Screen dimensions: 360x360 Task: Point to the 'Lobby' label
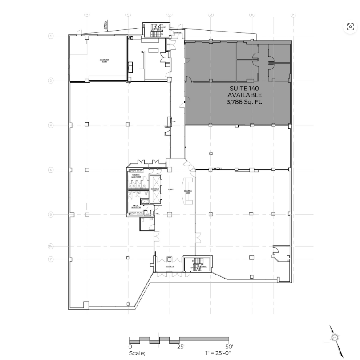[170, 189]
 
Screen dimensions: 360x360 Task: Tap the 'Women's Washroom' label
[136, 177]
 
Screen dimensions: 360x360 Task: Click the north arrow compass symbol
[335, 338]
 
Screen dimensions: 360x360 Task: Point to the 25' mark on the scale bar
[181, 347]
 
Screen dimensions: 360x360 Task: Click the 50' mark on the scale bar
[229, 347]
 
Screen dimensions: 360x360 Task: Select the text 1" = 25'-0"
[218, 353]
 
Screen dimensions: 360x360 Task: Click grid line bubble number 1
[51, 36]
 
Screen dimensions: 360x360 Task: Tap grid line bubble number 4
[51, 125]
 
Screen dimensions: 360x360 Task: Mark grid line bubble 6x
[51, 246]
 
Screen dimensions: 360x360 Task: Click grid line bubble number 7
[51, 259]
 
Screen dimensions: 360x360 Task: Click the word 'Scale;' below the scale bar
[137, 353]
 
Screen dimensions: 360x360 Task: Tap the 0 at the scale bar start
[130, 347]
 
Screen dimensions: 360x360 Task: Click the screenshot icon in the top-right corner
[350, 27]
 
